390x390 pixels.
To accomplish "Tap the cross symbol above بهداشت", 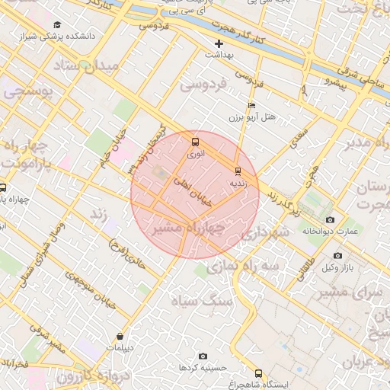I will click(219, 43).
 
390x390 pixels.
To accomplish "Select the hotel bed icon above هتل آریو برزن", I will click(252, 106).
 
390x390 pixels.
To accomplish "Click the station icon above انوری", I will click(196, 142).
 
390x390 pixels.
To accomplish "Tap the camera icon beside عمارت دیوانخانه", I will click(330, 220).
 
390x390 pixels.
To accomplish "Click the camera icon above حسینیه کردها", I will click(203, 356).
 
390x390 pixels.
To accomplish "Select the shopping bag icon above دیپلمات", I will click(120, 336).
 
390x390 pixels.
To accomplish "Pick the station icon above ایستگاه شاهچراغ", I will click(259, 373).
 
